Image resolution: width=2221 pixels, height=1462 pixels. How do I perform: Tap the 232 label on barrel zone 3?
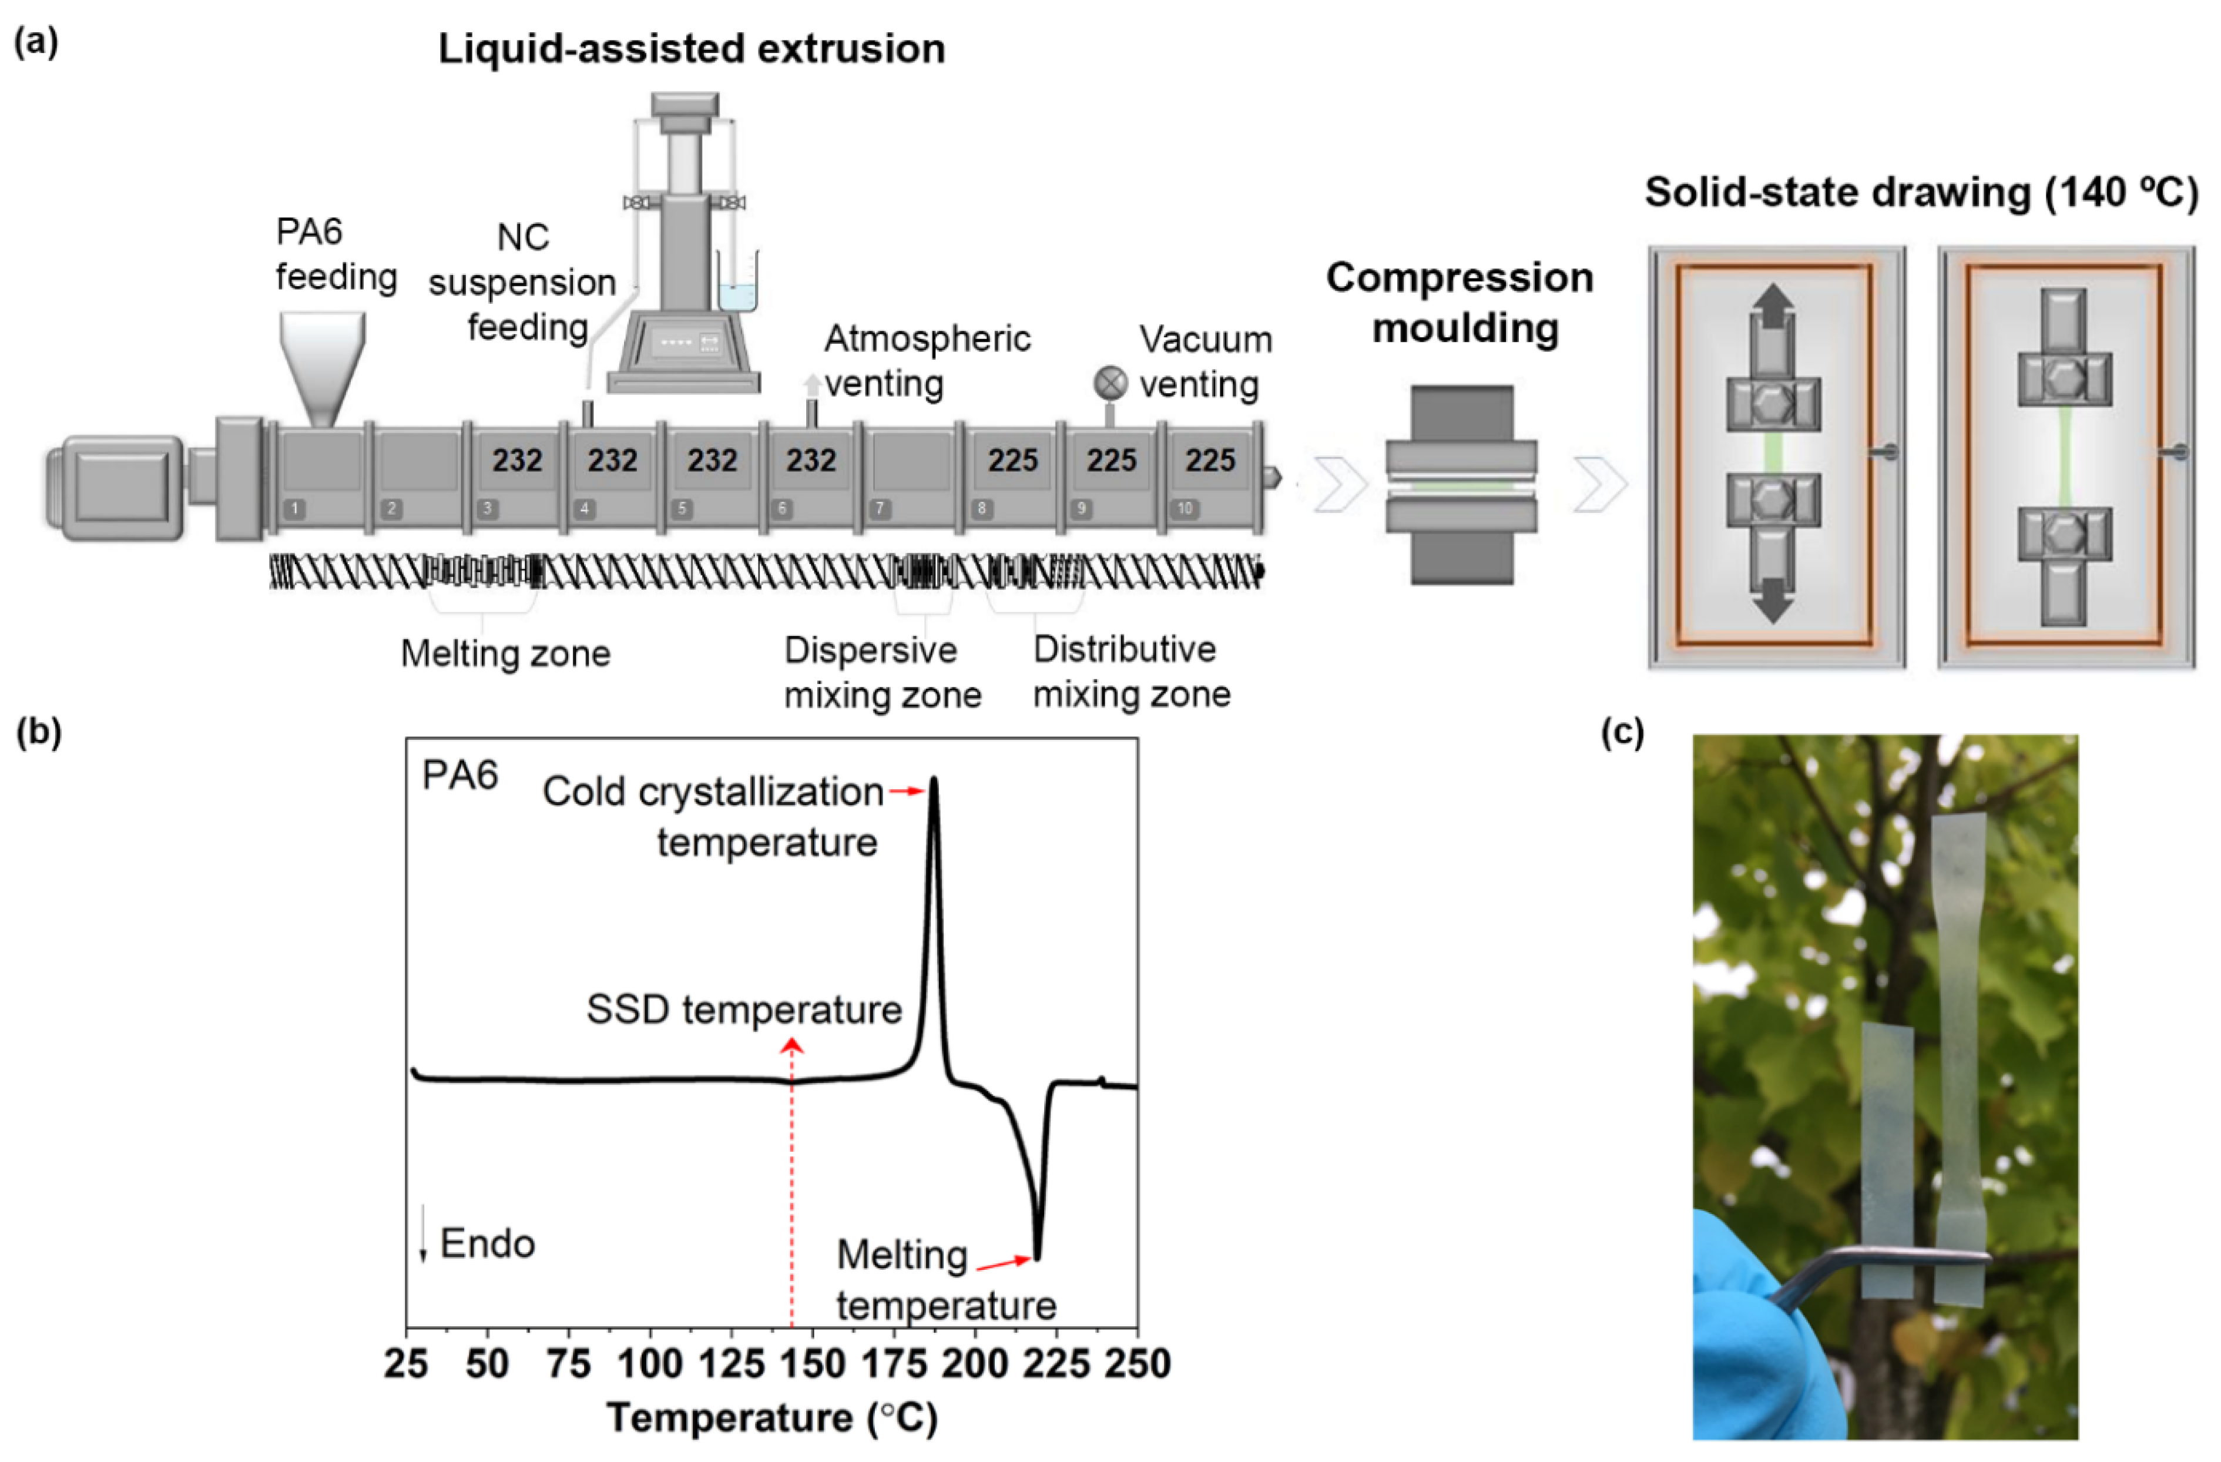coord(517,460)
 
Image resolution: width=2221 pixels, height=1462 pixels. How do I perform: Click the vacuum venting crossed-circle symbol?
coord(1109,383)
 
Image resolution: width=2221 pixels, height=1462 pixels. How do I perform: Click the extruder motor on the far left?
coord(117,488)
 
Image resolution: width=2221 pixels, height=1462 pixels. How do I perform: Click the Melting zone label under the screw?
coord(505,653)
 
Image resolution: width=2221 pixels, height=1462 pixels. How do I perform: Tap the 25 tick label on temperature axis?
coord(406,1363)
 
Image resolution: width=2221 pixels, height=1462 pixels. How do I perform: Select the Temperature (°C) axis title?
coord(771,1417)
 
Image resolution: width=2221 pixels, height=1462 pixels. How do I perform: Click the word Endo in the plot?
coord(487,1243)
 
